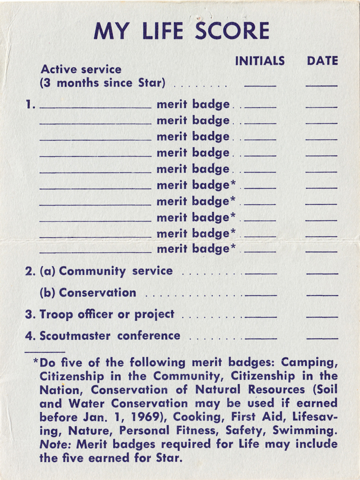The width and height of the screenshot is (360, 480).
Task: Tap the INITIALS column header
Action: click(x=260, y=61)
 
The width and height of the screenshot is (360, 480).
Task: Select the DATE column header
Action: click(x=323, y=61)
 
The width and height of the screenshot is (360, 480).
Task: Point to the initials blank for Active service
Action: click(x=260, y=86)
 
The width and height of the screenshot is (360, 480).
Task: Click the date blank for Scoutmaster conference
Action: click(x=322, y=338)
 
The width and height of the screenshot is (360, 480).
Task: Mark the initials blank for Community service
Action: click(x=261, y=273)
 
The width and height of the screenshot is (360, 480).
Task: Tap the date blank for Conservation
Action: click(x=322, y=295)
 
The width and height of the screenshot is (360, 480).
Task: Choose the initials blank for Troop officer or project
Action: click(x=261, y=317)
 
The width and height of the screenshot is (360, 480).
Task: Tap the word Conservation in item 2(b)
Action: click(x=98, y=293)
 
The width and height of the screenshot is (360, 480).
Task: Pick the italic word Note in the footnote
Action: click(x=52, y=444)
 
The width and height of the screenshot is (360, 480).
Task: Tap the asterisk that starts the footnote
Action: click(x=36, y=361)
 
